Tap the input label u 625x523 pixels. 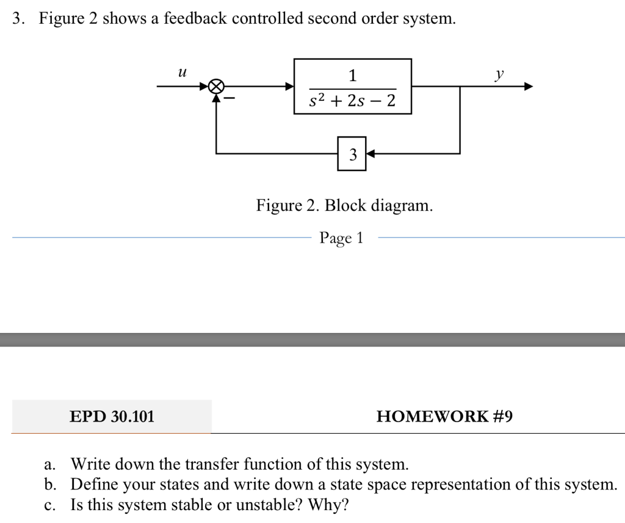(181, 73)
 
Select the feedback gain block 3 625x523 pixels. (352, 154)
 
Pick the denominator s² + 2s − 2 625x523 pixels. (352, 101)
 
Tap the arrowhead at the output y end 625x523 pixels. (529, 87)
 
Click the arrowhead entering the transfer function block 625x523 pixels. (290, 87)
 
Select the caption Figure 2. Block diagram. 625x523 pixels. (344, 205)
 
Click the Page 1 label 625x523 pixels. (341, 238)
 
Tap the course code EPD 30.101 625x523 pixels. (112, 417)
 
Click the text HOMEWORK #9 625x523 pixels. (444, 417)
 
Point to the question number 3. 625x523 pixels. (16, 19)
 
